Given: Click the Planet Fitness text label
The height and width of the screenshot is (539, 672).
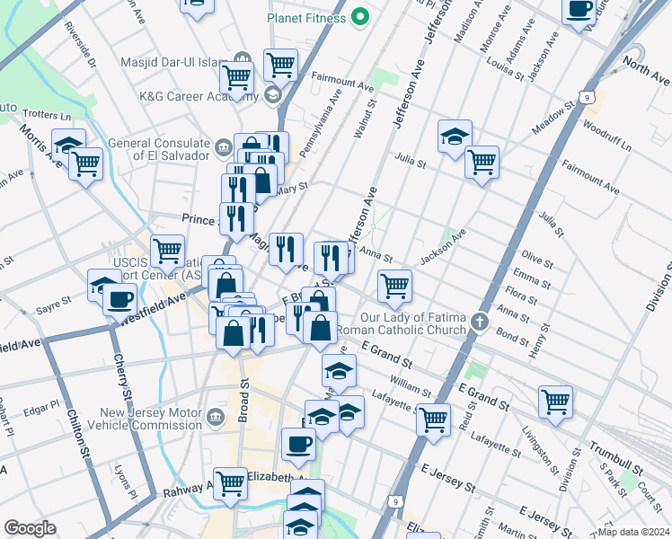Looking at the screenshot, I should [305, 17].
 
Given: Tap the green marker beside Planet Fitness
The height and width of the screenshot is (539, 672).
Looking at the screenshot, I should [360, 16].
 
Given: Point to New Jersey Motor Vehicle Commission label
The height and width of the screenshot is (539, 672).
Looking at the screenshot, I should [145, 417].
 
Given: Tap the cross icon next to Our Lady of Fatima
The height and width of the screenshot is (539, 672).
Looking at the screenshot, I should [481, 321].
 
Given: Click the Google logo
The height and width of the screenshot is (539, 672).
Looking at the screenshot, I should [30, 528].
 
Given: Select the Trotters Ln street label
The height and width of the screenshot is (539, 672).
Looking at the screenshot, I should [47, 115].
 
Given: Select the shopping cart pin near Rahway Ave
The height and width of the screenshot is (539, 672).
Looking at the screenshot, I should [231, 482].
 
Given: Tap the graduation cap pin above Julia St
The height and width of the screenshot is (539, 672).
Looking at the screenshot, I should [455, 135].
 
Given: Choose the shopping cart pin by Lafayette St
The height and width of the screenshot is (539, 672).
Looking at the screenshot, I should [434, 418].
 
